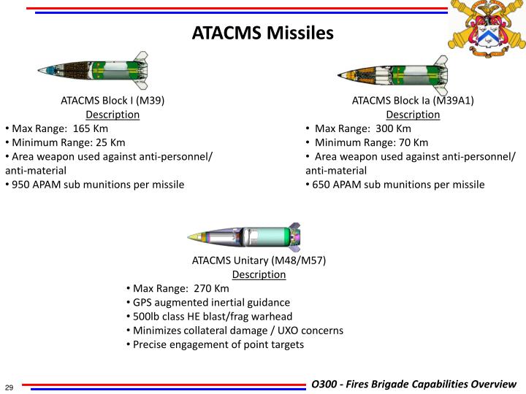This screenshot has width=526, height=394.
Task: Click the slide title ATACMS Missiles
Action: click(x=262, y=34)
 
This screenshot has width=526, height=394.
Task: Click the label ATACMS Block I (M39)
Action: click(x=113, y=101)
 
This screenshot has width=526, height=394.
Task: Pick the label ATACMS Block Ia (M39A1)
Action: click(x=413, y=101)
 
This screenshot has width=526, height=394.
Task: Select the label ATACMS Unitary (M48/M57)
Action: click(x=259, y=260)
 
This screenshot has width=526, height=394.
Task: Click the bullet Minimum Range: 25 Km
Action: click(x=66, y=142)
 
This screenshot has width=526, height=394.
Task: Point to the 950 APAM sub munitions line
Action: click(x=96, y=185)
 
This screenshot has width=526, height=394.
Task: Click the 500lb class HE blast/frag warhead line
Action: click(x=211, y=316)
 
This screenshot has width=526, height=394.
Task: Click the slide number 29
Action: click(x=11, y=386)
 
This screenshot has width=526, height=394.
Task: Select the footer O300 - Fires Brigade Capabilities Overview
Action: click(x=413, y=385)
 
